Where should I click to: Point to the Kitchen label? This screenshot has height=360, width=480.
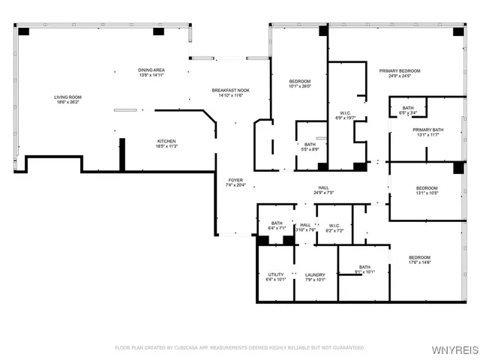coord(166,143)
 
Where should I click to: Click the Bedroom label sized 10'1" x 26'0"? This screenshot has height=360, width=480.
coord(300,82)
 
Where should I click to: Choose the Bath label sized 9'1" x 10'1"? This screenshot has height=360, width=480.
coord(364,269)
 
